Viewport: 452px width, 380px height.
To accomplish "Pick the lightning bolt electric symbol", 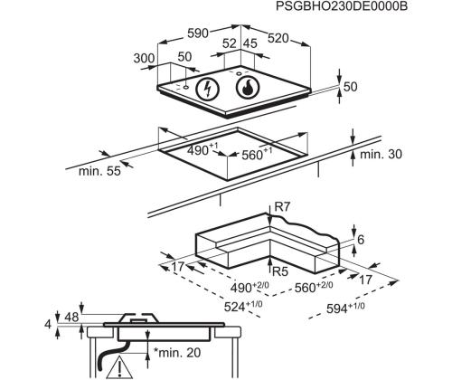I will coord(209,89).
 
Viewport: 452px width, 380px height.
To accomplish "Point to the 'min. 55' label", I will coord(99,172).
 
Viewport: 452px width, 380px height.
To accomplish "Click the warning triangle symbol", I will coord(118,369).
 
